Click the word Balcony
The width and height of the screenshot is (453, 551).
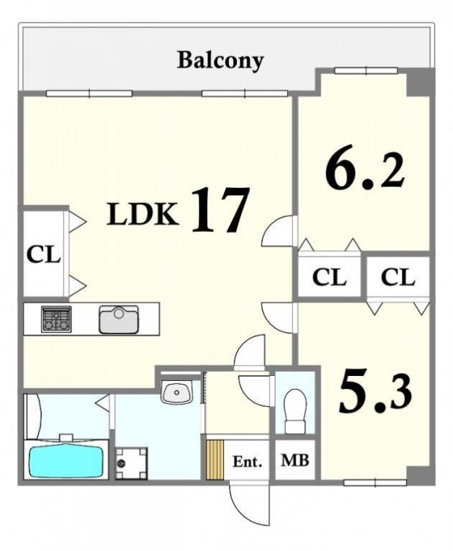(x=220, y=61)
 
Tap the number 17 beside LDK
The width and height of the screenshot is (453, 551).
(x=220, y=210)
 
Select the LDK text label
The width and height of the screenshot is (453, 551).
(x=142, y=215)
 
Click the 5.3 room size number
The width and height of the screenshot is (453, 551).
(x=376, y=393)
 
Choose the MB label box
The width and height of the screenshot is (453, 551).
(x=295, y=460)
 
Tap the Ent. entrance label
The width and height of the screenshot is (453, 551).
(x=248, y=462)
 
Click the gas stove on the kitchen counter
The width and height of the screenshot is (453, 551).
(x=56, y=319)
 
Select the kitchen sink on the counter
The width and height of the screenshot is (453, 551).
(x=119, y=319)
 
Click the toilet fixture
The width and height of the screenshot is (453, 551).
(x=295, y=411)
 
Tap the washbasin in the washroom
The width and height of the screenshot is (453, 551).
(x=176, y=392)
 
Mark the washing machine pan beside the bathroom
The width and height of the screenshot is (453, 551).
(x=132, y=463)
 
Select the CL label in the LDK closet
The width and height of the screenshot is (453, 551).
(x=44, y=254)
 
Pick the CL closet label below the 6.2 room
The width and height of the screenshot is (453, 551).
(x=329, y=277)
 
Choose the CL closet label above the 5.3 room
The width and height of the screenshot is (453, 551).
(x=398, y=277)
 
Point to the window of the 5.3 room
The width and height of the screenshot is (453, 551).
(x=375, y=483)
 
